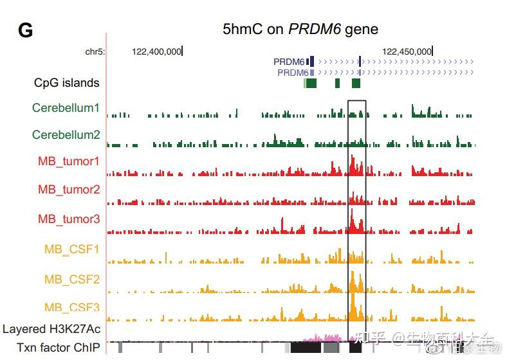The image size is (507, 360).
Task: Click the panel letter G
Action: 25,30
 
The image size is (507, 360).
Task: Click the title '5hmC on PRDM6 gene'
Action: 300,29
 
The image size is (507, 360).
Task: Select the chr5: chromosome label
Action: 95,51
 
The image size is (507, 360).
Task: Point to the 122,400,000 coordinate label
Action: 156,51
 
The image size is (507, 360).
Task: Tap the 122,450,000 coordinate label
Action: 407,51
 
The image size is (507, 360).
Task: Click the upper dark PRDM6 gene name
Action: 289,62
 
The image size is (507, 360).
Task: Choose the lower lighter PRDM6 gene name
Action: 293,73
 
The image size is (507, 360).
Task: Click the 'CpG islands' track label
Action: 67,83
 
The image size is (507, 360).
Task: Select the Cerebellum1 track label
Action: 66,108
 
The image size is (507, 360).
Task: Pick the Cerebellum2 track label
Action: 66,135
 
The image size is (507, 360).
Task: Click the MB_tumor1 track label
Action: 69,161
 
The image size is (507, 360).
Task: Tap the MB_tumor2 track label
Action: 69,190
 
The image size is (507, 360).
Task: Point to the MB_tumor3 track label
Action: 69,219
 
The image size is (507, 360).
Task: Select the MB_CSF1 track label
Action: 72,249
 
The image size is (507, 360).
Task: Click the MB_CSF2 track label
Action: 72,280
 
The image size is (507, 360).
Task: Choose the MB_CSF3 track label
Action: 72,308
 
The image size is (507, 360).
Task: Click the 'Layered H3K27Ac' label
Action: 51,329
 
